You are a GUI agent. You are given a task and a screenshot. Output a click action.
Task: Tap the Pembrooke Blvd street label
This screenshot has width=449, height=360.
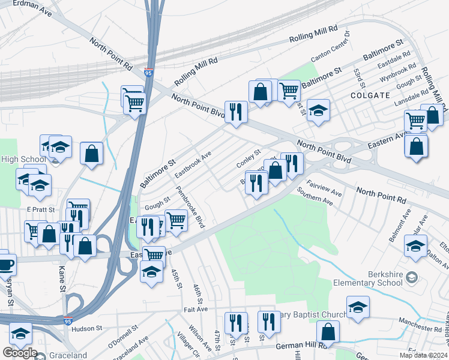(x=191, y=207)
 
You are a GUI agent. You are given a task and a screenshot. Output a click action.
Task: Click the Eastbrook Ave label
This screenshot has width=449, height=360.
(x=193, y=164)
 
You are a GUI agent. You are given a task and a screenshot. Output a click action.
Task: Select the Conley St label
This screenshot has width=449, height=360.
(x=249, y=158)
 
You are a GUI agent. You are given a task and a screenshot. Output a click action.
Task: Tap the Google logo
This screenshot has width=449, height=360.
(x=20, y=353)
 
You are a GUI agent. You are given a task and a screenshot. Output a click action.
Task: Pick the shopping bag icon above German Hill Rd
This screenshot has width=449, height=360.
(x=328, y=332)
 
